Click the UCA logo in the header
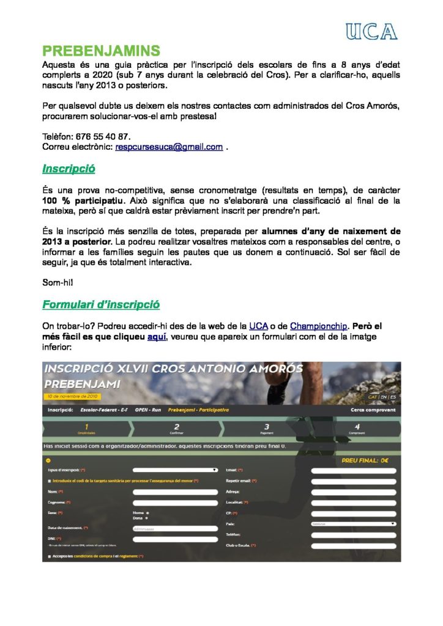[x=371, y=31]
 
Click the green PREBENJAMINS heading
[x=101, y=50]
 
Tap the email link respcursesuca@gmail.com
[x=169, y=147]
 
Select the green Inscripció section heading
[x=69, y=168]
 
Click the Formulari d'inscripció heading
[x=101, y=304]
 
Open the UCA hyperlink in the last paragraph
[x=258, y=326]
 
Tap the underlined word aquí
[x=157, y=336]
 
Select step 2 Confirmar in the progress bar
[x=176, y=429]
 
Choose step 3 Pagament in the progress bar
[x=267, y=429]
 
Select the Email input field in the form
[x=354, y=471]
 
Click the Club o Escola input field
[x=354, y=545]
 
